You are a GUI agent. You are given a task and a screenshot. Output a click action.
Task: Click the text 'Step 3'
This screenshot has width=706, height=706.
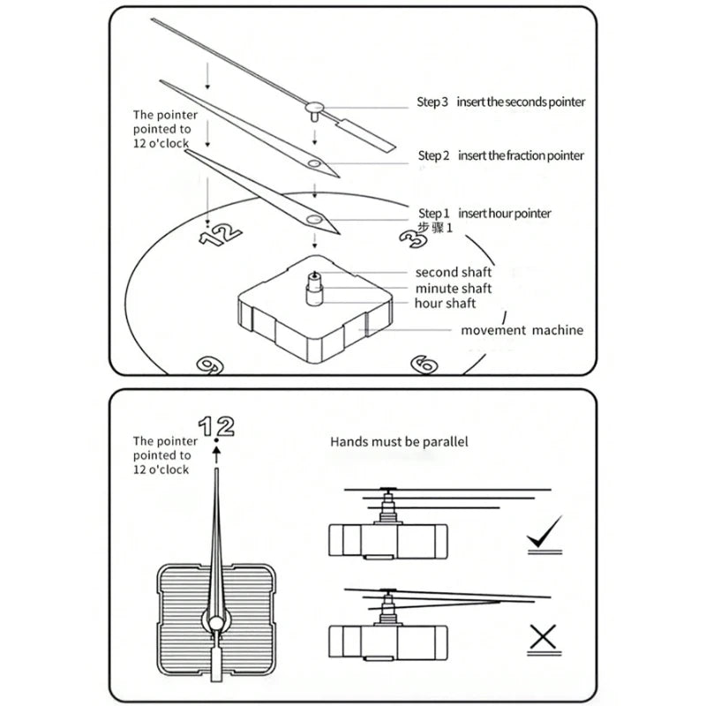tap(432, 101)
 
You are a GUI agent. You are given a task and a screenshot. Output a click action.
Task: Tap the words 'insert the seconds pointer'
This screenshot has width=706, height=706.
tap(521, 101)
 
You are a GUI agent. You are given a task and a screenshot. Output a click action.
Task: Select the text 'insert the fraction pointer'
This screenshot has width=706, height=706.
tap(521, 155)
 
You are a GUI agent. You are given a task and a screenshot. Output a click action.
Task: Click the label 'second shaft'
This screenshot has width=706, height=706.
tap(454, 272)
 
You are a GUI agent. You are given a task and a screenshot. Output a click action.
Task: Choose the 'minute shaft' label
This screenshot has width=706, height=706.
tap(454, 288)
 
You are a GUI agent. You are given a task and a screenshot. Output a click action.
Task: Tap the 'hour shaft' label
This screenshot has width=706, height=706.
tap(446, 304)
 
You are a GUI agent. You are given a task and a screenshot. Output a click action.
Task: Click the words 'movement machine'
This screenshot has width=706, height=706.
tap(522, 330)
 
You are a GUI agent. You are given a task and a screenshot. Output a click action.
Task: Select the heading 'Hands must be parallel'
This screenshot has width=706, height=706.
tap(400, 441)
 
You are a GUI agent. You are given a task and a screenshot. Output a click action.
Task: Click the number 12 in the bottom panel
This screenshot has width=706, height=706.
tap(216, 426)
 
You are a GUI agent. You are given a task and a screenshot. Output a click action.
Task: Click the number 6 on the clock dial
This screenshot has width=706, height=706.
tap(424, 364)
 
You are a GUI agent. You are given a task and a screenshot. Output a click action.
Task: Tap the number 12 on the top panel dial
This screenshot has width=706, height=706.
tap(221, 234)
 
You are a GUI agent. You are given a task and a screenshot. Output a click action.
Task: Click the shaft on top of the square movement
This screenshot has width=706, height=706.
tap(313, 289)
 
